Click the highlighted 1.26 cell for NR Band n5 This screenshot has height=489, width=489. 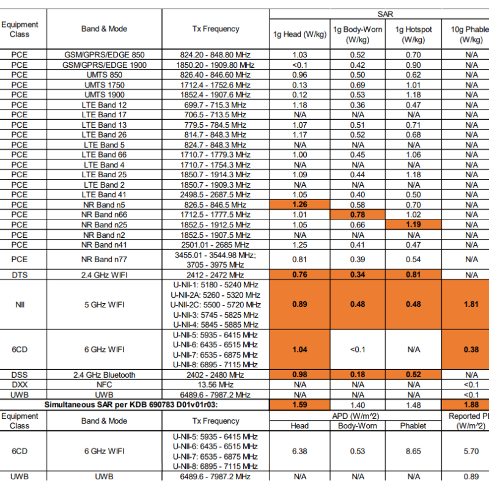click(x=300, y=205)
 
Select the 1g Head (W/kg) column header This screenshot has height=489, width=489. click(x=300, y=34)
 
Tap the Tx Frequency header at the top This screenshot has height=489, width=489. click(x=216, y=29)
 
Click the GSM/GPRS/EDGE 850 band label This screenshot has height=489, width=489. click(x=105, y=55)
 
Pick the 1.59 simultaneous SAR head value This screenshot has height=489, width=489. click(x=300, y=405)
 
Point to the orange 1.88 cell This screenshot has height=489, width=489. click(x=471, y=405)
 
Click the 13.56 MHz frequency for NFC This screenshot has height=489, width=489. click(x=216, y=384)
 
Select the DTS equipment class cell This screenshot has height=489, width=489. click(x=20, y=274)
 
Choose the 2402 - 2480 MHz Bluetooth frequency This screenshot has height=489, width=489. click(x=216, y=375)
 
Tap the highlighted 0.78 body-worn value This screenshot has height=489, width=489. click(x=358, y=215)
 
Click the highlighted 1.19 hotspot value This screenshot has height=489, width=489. click(x=414, y=224)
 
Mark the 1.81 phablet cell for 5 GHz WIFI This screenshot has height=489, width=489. click(x=471, y=304)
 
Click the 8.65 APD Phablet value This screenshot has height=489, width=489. click(x=414, y=451)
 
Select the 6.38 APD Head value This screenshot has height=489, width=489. click(x=300, y=451)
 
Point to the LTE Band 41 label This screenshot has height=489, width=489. click(x=105, y=194)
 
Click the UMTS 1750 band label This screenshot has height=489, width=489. click(x=105, y=85)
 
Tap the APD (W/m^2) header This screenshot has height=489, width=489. click(x=358, y=416)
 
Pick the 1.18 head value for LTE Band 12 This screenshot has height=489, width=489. click(x=300, y=105)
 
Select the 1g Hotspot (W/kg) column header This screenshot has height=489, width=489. click(x=414, y=34)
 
